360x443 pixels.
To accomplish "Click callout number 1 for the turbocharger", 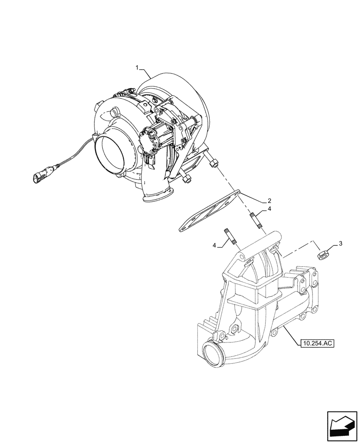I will point(137,67).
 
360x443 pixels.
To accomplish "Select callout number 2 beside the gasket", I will point(270,201).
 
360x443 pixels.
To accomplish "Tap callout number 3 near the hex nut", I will point(340,242).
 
